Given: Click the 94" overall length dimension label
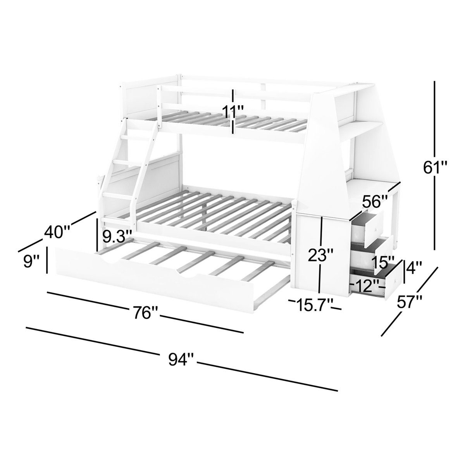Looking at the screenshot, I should [x=181, y=359].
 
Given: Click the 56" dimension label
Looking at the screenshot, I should [x=375, y=201].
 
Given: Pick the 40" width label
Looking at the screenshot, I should [x=57, y=232].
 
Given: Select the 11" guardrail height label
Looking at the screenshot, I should [x=233, y=111].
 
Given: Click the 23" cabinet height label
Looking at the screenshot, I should [x=320, y=255].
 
